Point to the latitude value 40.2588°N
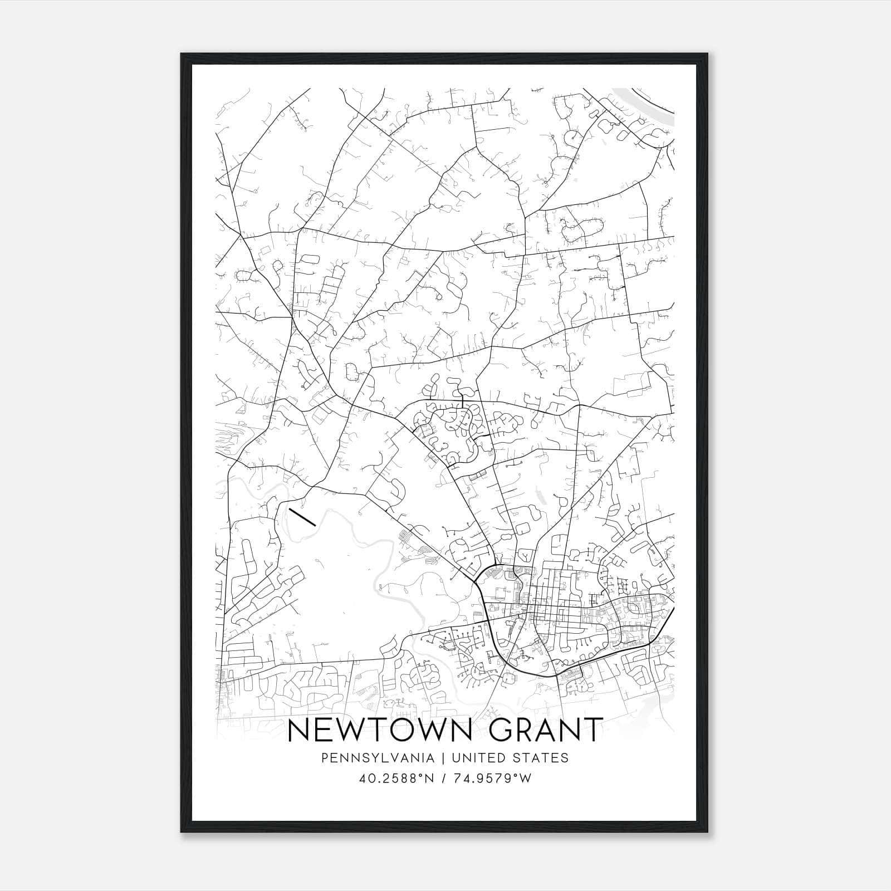pos(396,779)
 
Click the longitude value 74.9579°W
pos(493,779)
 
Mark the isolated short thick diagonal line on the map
pos(302,516)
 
